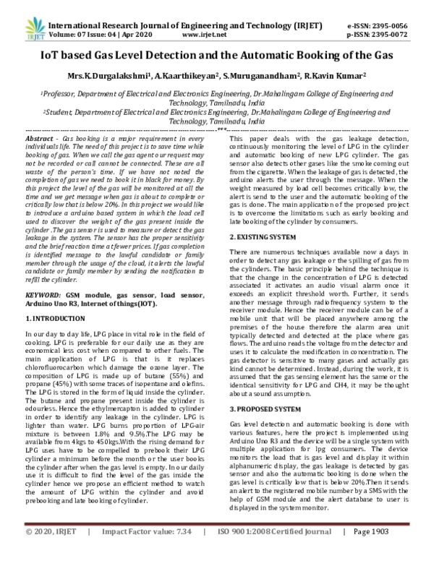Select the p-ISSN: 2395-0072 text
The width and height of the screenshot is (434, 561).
point(383,33)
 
